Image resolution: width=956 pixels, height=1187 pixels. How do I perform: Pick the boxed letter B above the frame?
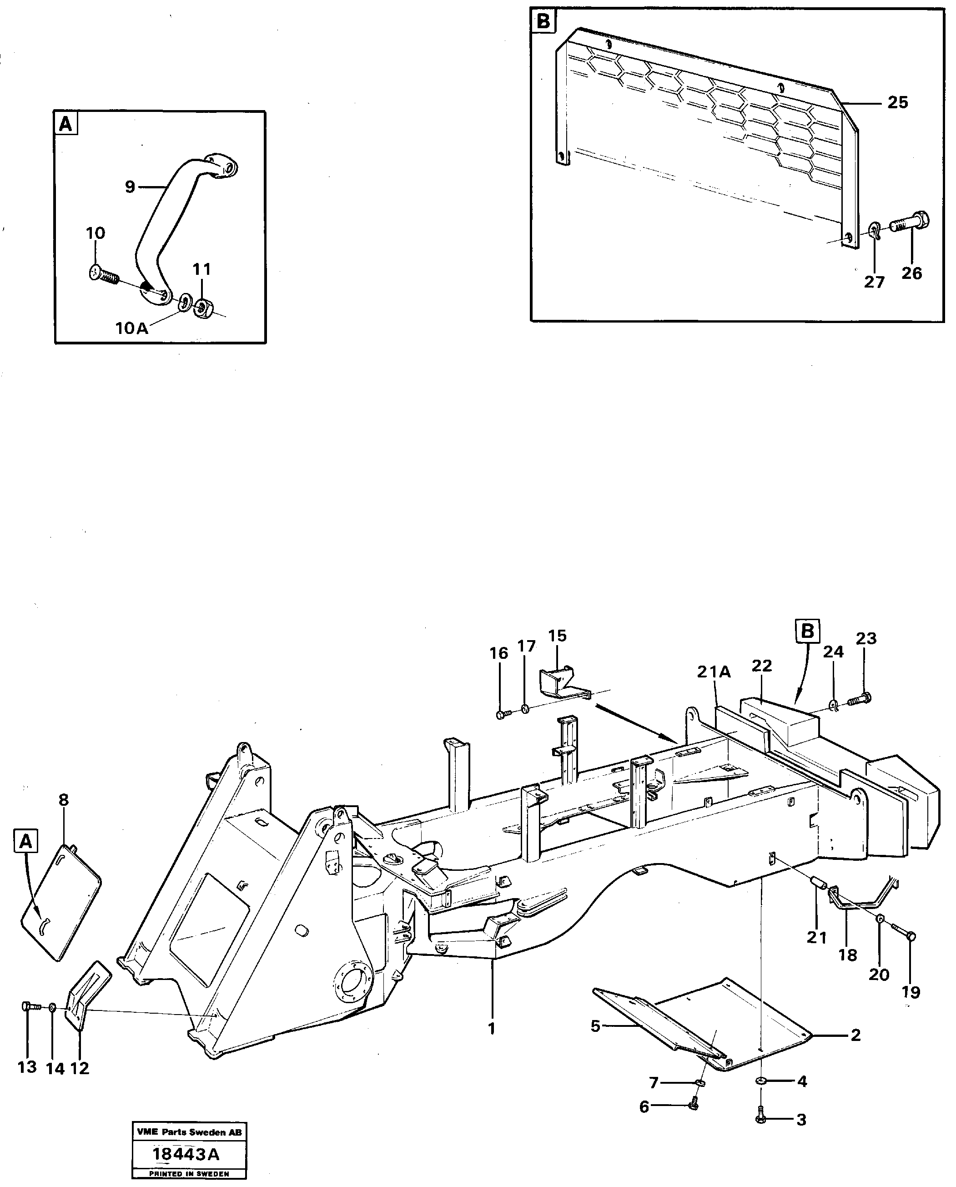tap(807, 631)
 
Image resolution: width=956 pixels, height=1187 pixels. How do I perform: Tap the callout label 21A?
tap(714, 672)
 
